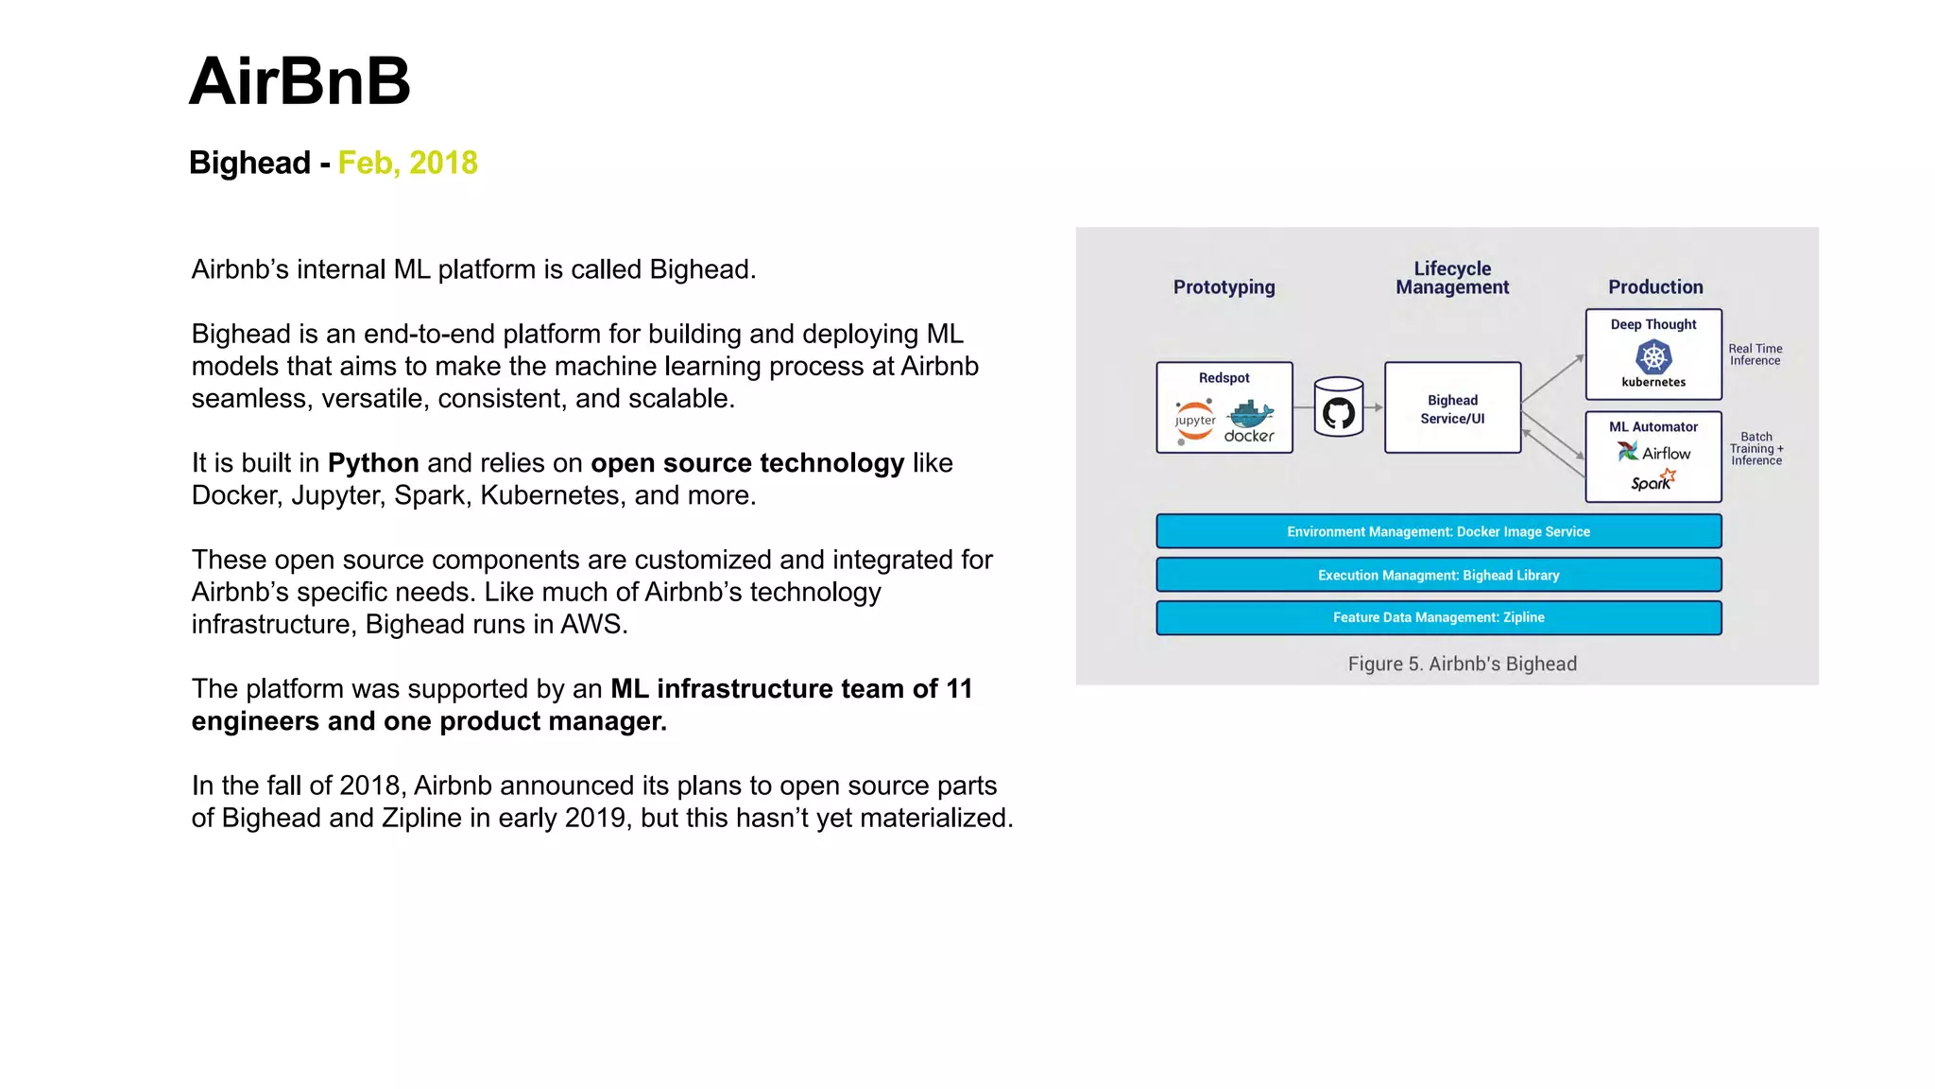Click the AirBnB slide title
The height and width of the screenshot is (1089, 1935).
click(x=300, y=81)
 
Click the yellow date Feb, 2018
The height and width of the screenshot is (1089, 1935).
click(x=407, y=163)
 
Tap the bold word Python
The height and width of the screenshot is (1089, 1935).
click(x=373, y=463)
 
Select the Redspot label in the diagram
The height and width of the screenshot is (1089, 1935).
click(x=1224, y=378)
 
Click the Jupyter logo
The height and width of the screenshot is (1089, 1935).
click(x=1195, y=421)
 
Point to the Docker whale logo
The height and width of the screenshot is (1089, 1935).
click(x=1250, y=416)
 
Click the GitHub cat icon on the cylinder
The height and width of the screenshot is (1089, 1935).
click(x=1339, y=413)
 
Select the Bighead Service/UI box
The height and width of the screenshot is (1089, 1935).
click(x=1452, y=408)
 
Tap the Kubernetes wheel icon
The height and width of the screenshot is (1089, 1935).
click(x=1653, y=357)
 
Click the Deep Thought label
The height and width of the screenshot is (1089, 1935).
click(x=1653, y=324)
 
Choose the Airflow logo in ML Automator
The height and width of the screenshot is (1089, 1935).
click(x=1653, y=453)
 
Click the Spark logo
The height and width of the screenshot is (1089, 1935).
click(x=1652, y=481)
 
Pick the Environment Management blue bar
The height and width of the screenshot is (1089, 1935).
click(x=1438, y=531)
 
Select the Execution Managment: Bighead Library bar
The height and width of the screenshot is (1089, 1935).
click(x=1438, y=575)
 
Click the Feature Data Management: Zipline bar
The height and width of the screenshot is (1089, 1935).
click(x=1438, y=617)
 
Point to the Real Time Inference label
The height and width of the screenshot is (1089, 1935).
click(x=1755, y=354)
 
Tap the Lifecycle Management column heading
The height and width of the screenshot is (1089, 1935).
click(x=1452, y=278)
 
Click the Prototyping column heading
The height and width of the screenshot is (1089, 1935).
click(x=1224, y=287)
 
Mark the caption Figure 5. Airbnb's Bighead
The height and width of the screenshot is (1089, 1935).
click(x=1462, y=664)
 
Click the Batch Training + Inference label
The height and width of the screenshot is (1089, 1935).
click(x=1756, y=449)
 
